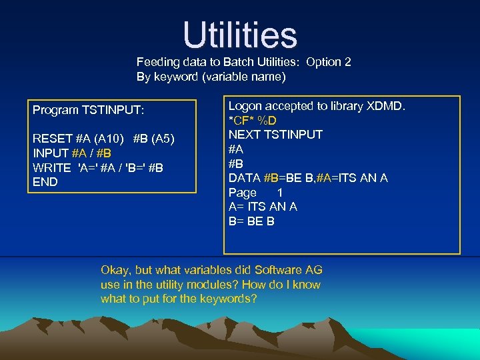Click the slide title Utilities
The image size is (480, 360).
point(240,35)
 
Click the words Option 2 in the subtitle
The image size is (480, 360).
point(329,62)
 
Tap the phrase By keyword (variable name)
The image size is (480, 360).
point(211,77)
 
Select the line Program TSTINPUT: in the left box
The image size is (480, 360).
point(88,110)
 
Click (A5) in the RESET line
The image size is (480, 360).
point(163,139)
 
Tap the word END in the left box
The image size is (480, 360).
point(45,182)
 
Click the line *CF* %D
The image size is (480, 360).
point(253,120)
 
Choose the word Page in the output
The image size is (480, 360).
point(243,193)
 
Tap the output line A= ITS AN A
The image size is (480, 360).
point(263,207)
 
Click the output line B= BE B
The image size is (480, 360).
point(251,221)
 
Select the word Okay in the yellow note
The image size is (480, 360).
point(115,270)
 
